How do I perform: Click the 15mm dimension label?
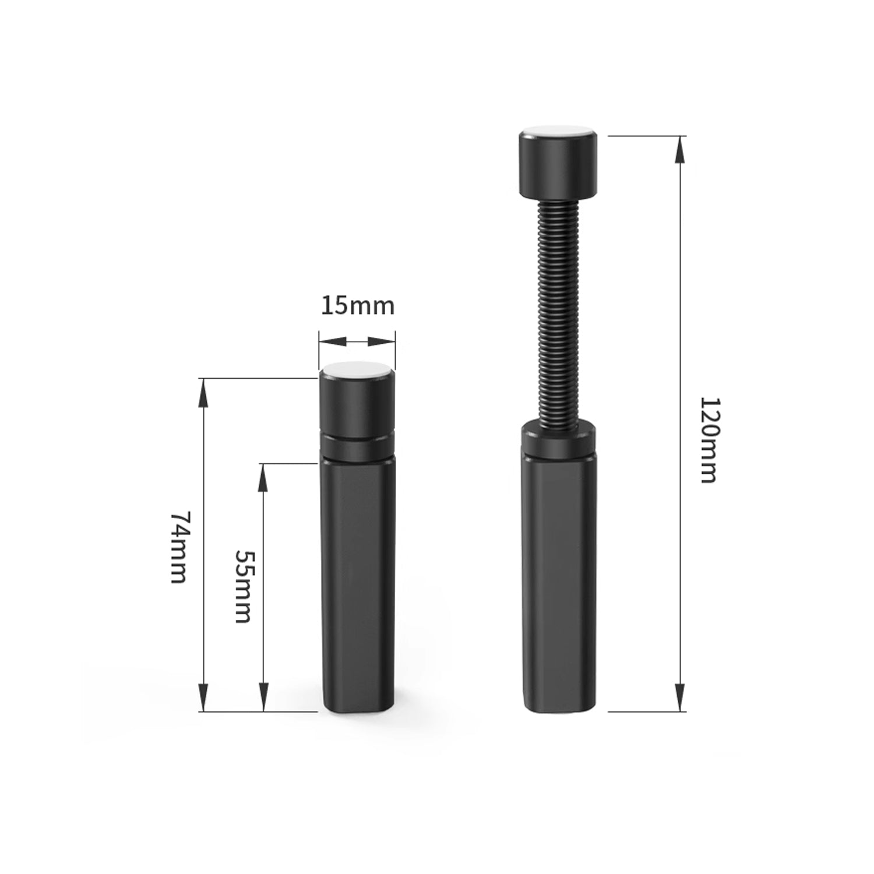(x=357, y=306)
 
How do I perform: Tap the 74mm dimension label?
(x=178, y=547)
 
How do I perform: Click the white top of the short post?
(x=357, y=369)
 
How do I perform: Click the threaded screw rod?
(x=558, y=313)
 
